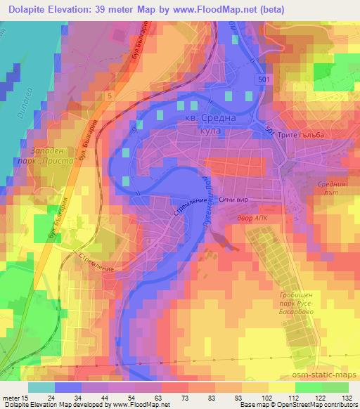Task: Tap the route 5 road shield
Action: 110,95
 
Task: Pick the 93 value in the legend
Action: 240,398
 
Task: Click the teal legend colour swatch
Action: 41,387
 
